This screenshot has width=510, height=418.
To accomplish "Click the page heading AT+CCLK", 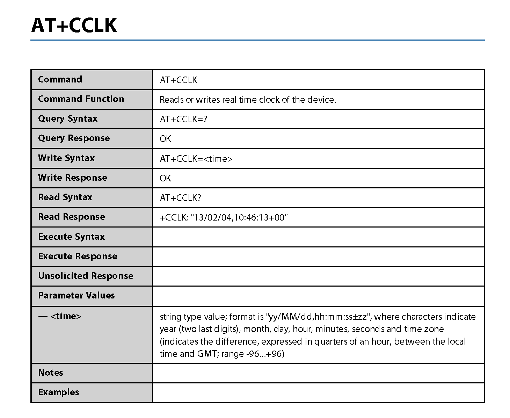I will tap(74, 25).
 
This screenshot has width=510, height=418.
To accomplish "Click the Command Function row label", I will tap(81, 99).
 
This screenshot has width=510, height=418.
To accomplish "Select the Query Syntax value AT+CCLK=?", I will tap(183, 119).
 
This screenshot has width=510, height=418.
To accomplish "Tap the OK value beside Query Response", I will tap(165, 139).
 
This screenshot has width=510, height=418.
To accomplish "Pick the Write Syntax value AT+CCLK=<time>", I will tap(196, 159).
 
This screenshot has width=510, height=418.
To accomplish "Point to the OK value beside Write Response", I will tap(165, 179).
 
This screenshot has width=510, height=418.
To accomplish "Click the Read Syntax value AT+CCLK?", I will tap(180, 198).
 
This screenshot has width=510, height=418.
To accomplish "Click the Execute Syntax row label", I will tap(71, 237).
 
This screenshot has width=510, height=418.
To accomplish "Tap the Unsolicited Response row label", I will tap(86, 276).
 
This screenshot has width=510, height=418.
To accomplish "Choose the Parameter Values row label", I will tap(76, 296).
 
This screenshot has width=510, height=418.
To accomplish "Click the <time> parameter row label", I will tap(60, 316).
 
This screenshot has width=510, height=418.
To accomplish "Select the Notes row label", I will tap(51, 373).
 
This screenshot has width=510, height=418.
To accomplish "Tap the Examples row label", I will tap(59, 392).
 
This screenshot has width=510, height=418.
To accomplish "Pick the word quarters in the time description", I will tap(330, 341).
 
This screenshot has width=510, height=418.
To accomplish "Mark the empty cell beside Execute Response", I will tap(318, 257).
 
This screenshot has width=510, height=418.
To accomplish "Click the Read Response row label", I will tap(71, 217).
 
